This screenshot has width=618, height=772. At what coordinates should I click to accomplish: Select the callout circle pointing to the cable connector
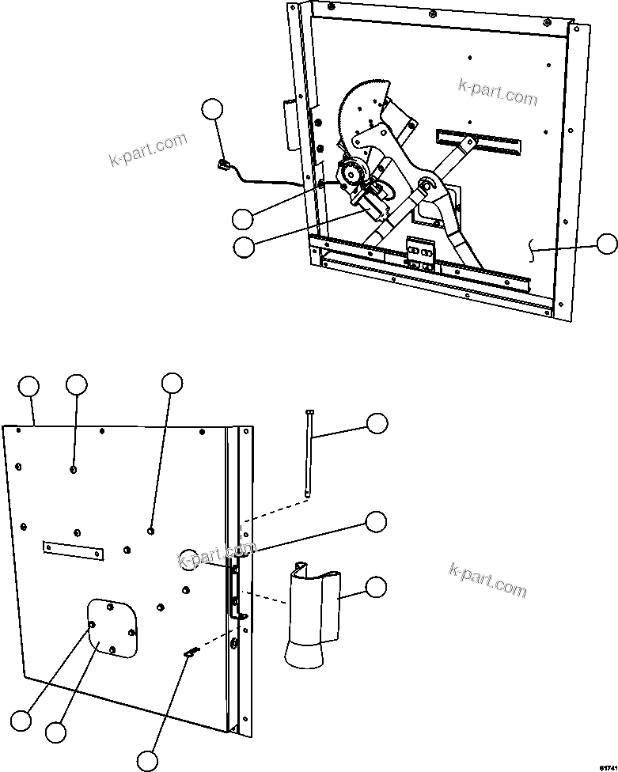pos(213,110)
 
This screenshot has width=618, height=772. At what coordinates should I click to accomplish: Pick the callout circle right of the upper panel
pos(607,244)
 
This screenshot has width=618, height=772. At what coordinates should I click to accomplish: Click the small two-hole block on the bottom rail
pos(419,251)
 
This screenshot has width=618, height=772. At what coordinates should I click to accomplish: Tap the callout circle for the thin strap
pos(377,423)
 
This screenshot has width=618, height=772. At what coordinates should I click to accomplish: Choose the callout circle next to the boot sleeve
pos(377,586)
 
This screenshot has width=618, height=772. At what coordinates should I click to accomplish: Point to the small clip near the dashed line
pos(191,651)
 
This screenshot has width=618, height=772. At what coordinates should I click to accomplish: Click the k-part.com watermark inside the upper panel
pos(497,93)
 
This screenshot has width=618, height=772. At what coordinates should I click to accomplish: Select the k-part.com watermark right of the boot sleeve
pos(487,580)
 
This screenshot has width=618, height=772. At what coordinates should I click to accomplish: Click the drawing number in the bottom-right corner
pos(606,764)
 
